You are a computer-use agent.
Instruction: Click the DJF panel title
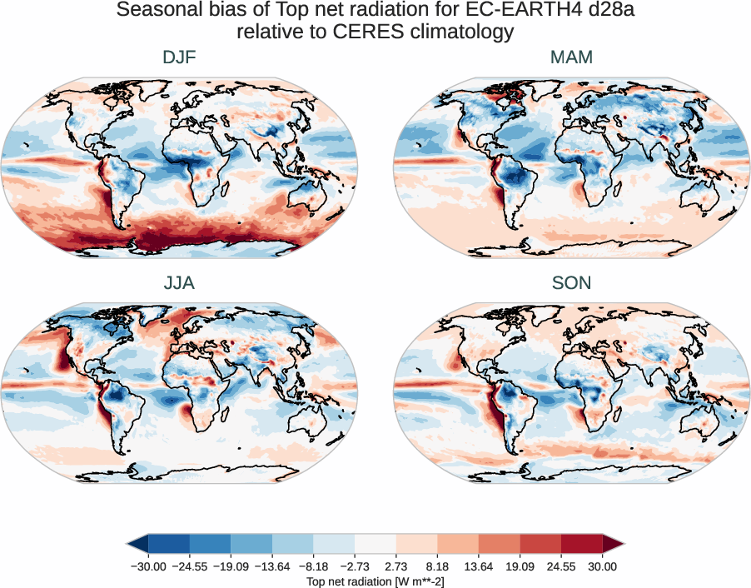click(179, 57)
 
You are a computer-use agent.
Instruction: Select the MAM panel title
click(571, 57)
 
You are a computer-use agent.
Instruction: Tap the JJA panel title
click(179, 283)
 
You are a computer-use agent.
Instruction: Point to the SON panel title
click(571, 283)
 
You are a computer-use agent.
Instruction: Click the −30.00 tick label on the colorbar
click(149, 566)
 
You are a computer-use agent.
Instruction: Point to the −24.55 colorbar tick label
click(190, 566)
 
